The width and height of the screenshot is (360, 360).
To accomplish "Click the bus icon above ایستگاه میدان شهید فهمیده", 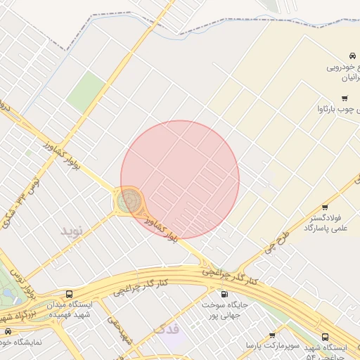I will (69, 294).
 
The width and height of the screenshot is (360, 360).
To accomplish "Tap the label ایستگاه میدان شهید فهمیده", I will (70, 310).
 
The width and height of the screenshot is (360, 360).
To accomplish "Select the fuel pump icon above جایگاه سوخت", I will (224, 295).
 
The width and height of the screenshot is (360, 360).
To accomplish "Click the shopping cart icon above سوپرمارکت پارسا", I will (272, 335).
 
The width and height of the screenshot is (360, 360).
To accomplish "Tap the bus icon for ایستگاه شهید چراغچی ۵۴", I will (325, 337).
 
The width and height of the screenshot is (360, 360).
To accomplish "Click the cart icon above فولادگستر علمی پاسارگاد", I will (325, 207).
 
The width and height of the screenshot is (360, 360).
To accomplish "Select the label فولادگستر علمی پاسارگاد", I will (328, 224).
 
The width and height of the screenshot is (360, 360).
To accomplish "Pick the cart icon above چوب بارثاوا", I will (344, 98).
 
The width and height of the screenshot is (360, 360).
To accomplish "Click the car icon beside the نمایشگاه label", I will (8, 330).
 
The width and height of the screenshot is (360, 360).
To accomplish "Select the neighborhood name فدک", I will (167, 329).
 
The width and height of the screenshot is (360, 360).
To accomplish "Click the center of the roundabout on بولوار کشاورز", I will (129, 202).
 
